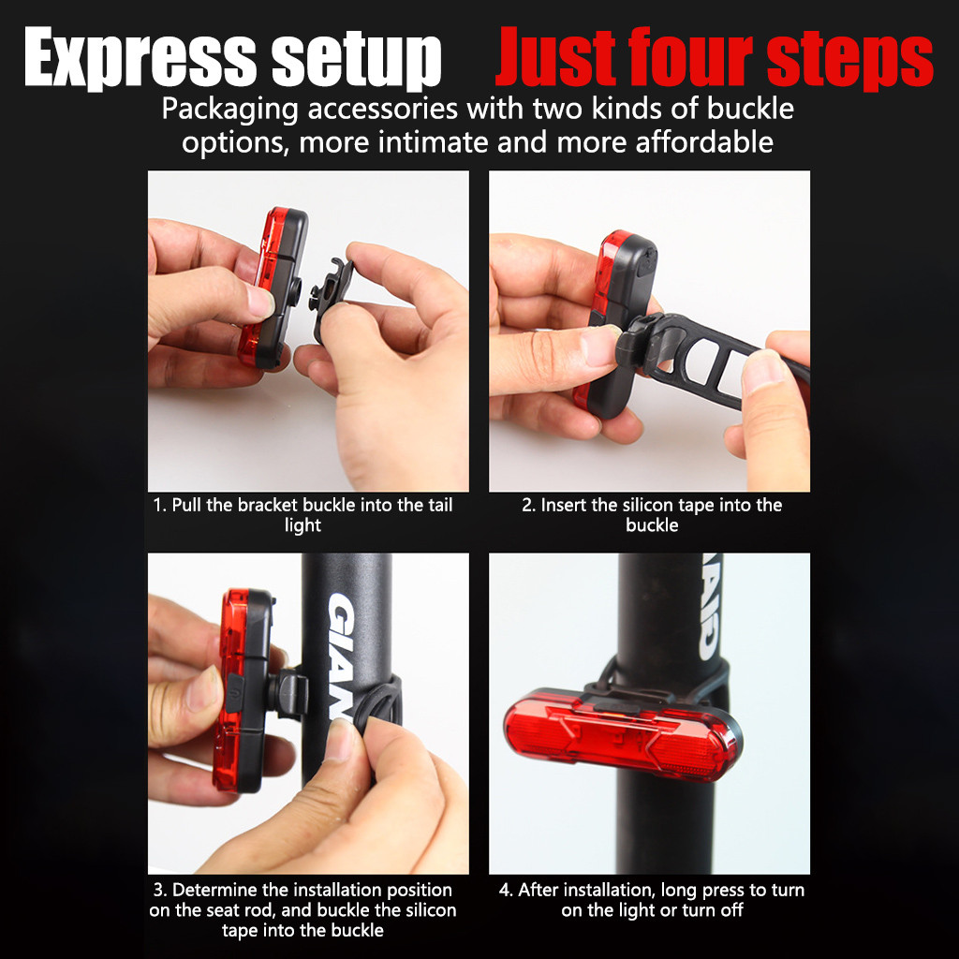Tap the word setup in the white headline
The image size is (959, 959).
pyautogui.click(x=357, y=59)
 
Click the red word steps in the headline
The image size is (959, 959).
pyautogui.click(x=849, y=59)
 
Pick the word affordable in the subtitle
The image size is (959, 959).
pyautogui.click(x=704, y=142)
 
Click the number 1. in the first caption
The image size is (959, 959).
pyautogui.click(x=159, y=505)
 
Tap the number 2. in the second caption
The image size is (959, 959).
pyautogui.click(x=528, y=505)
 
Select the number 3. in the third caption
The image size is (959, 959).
pyautogui.click(x=160, y=890)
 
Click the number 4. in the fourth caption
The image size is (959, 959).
pyautogui.click(x=506, y=890)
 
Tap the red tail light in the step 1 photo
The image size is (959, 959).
pyautogui.click(x=273, y=288)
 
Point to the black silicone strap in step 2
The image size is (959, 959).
pyautogui.click(x=710, y=361)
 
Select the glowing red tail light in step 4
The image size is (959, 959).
pyautogui.click(x=623, y=734)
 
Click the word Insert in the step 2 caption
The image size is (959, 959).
pyautogui.click(x=564, y=505)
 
